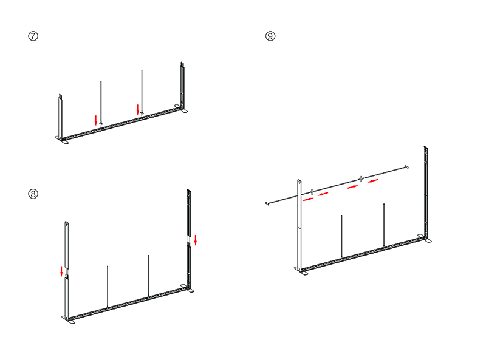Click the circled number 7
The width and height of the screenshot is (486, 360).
(33, 36)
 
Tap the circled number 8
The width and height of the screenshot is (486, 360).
(33, 194)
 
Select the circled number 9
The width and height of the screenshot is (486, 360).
(270, 36)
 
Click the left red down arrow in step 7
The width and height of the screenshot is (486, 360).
(96, 120)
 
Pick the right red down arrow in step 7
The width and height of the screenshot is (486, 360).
(138, 110)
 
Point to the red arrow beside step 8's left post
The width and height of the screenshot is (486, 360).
(62, 271)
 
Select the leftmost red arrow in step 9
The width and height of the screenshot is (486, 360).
(309, 199)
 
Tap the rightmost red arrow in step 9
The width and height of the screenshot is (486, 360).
(373, 180)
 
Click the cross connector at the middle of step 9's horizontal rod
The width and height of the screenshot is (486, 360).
(361, 178)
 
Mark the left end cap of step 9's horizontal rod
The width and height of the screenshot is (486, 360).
(267, 203)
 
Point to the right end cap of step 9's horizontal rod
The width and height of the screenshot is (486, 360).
(407, 167)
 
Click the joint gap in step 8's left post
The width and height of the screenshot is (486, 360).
(67, 272)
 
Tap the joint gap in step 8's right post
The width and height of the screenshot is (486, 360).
(188, 239)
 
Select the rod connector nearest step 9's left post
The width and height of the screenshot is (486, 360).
(312, 192)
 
